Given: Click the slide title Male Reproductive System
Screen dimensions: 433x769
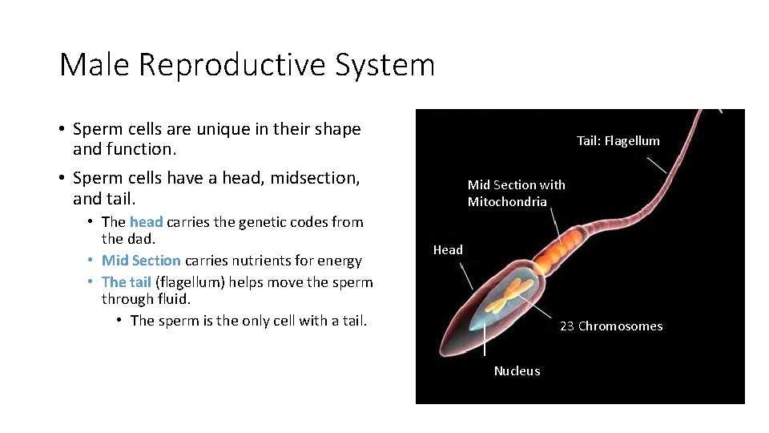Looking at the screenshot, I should tap(247, 64).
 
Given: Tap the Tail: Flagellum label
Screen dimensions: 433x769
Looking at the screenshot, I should tap(618, 141).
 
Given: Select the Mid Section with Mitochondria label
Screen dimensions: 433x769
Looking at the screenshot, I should tap(516, 193).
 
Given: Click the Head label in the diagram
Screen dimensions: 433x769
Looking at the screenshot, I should tap(448, 250).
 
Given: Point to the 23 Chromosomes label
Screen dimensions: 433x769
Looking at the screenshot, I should tap(610, 326).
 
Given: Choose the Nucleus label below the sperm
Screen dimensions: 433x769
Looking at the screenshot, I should tap(517, 371).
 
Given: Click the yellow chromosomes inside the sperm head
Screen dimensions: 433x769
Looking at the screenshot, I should tap(508, 297).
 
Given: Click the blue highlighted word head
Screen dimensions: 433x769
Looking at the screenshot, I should tap(146, 222).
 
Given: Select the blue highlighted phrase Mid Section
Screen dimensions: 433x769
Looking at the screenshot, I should tap(141, 261).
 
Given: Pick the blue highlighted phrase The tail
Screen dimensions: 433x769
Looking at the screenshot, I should tap(127, 281).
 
